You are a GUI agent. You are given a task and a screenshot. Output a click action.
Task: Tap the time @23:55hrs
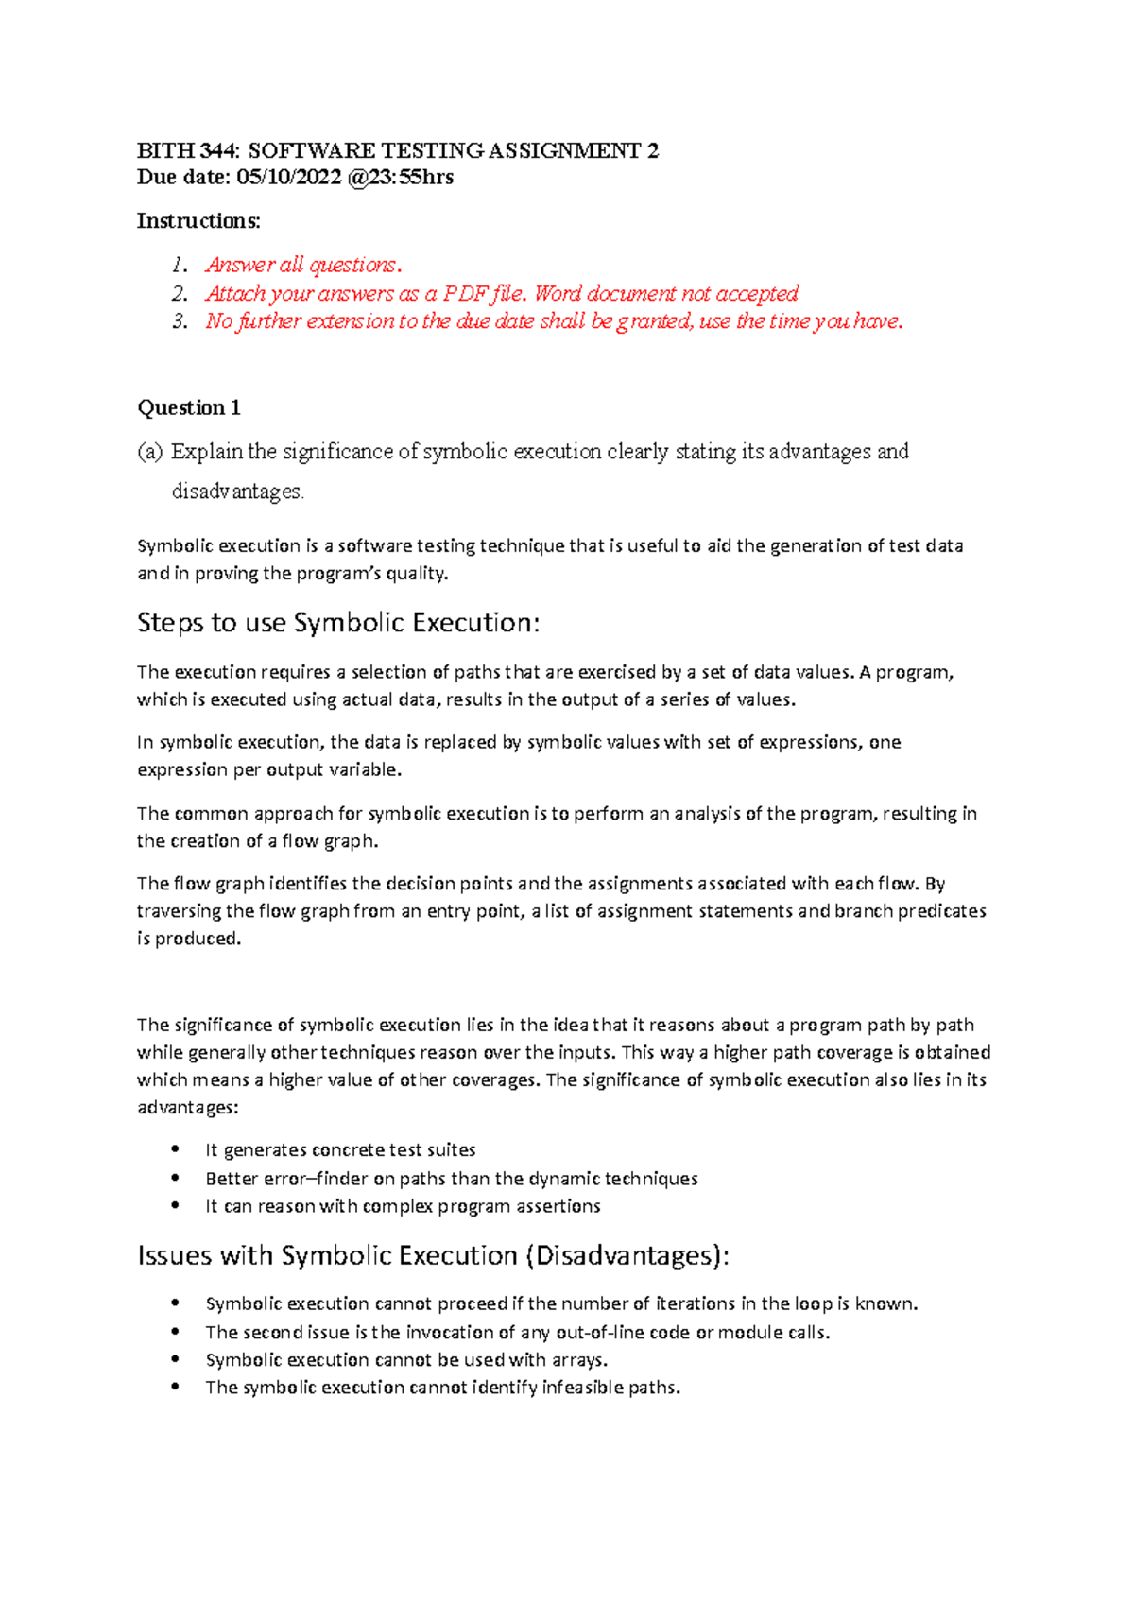click(401, 177)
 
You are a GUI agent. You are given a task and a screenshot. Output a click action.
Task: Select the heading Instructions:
click(198, 221)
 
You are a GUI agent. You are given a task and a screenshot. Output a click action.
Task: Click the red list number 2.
click(180, 294)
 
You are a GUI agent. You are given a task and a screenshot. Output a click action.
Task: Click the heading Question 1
click(189, 407)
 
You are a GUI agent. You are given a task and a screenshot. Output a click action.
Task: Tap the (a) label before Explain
click(150, 452)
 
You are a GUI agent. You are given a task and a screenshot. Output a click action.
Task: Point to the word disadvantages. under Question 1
click(237, 492)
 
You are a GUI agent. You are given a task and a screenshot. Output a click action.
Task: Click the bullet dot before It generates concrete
click(176, 1149)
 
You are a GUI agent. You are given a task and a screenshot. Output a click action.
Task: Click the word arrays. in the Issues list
click(579, 1360)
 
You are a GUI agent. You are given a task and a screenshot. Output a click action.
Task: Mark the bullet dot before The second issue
click(176, 1332)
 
